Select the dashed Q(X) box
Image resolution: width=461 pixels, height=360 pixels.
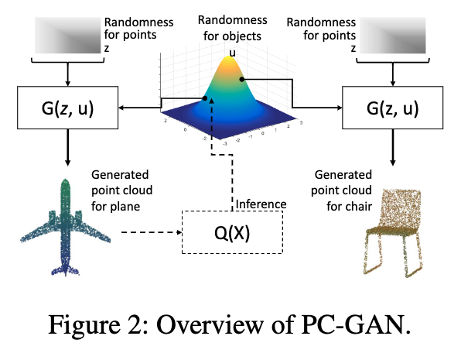coord(231,230)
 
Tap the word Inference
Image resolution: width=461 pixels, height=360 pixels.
coord(261,204)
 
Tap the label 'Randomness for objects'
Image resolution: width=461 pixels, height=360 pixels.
coord(231,26)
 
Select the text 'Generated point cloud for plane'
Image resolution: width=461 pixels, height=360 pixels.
coord(121,190)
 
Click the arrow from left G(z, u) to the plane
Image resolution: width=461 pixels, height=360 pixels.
coord(68,147)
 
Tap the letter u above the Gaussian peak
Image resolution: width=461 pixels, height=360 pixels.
coord(231,53)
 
